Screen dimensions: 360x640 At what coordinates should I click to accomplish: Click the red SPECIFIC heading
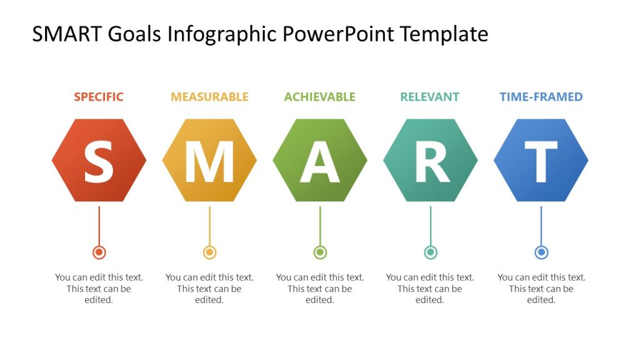point(99,97)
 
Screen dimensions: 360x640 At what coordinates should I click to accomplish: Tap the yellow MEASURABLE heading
point(209,97)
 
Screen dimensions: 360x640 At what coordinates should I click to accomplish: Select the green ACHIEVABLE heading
point(319,97)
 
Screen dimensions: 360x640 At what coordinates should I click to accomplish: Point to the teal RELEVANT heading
point(429,97)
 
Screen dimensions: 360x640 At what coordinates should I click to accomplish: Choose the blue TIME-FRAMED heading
point(541,97)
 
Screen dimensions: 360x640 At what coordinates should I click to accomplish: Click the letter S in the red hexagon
point(99,161)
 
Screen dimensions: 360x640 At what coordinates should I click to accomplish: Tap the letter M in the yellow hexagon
point(209,161)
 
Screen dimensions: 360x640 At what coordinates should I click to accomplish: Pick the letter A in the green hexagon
point(320,161)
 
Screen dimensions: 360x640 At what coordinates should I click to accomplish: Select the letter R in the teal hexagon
point(431,161)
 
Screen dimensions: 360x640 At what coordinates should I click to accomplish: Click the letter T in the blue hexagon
point(541,161)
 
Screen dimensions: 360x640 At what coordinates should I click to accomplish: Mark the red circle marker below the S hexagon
point(99,252)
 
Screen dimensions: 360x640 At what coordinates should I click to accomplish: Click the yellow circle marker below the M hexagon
point(209,252)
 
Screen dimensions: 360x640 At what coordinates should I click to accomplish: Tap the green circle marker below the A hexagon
point(320,252)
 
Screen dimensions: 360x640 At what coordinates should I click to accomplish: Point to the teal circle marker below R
point(431,252)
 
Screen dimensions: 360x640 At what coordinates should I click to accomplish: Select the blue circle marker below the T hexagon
point(541,252)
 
